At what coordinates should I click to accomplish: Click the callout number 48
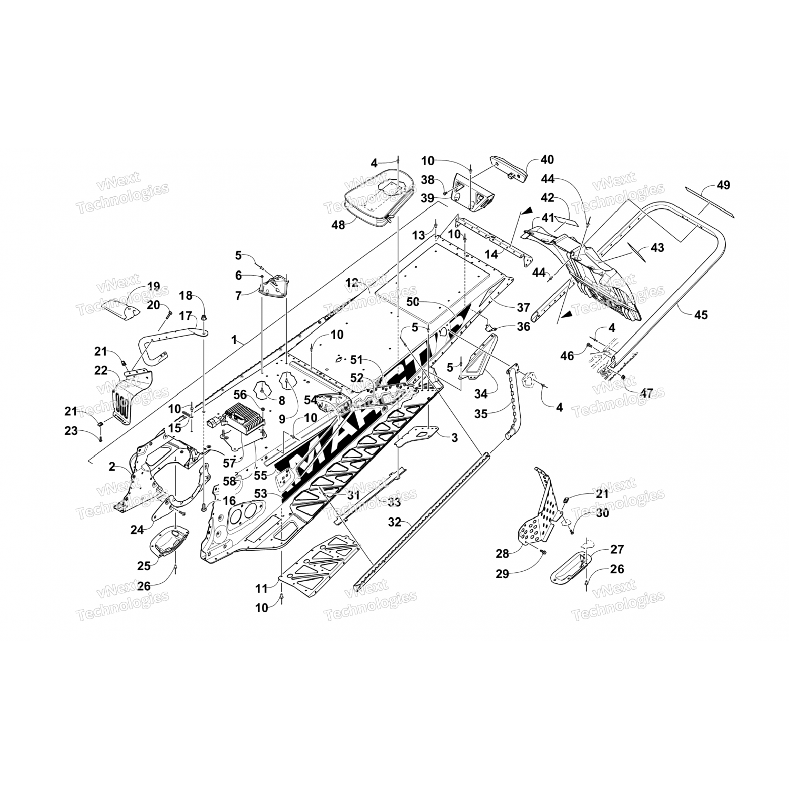pos(338,225)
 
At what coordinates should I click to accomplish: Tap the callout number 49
pos(723,185)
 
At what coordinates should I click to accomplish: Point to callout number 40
pos(547,159)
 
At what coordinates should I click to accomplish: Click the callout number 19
pos(153,287)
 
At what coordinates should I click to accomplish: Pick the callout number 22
pos(100,371)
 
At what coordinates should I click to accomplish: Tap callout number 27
pos(616,549)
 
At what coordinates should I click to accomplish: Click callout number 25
pos(144,565)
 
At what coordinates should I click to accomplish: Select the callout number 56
pos(240,394)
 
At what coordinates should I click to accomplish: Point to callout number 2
pos(112,466)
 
